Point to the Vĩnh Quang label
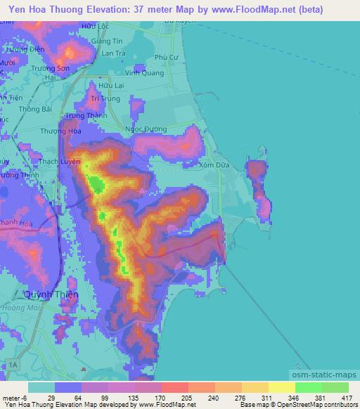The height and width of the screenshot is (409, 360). pos(139,72)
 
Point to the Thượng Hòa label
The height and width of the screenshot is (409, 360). pos(58,131)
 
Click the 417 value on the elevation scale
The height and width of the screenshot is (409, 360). pos(346,396)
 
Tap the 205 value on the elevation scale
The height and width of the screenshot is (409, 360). pos(176,396)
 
